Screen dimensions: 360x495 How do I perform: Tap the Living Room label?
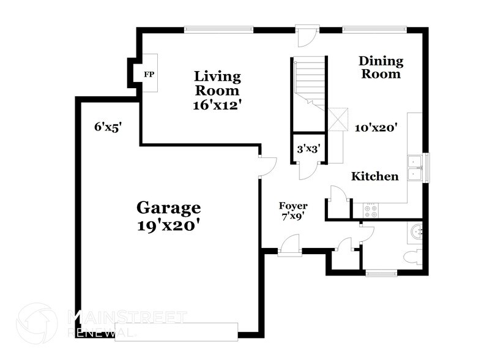pos(217,83)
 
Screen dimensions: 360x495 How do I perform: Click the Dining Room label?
pos(381,67)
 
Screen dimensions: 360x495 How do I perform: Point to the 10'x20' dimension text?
pos(377,128)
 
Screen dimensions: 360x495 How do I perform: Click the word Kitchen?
pos(374,176)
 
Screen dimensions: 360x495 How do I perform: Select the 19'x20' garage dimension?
pos(168,225)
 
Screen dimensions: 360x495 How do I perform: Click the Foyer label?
pos(293,206)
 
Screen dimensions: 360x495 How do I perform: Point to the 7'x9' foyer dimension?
pos(293,216)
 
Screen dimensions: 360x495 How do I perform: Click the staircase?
pos(308,80)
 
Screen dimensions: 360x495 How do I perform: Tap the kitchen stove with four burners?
pos(371,211)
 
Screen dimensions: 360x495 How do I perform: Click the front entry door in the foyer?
pos(289,250)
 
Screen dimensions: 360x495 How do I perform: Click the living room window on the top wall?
pos(219,29)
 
